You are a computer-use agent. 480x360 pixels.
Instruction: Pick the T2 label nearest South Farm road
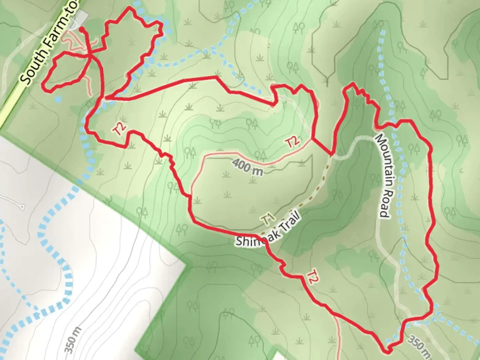119,129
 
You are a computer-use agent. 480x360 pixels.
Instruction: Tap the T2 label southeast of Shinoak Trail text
311,277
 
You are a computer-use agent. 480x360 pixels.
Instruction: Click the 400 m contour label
247,167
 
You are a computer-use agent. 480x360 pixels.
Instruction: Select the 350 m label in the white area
73,340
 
